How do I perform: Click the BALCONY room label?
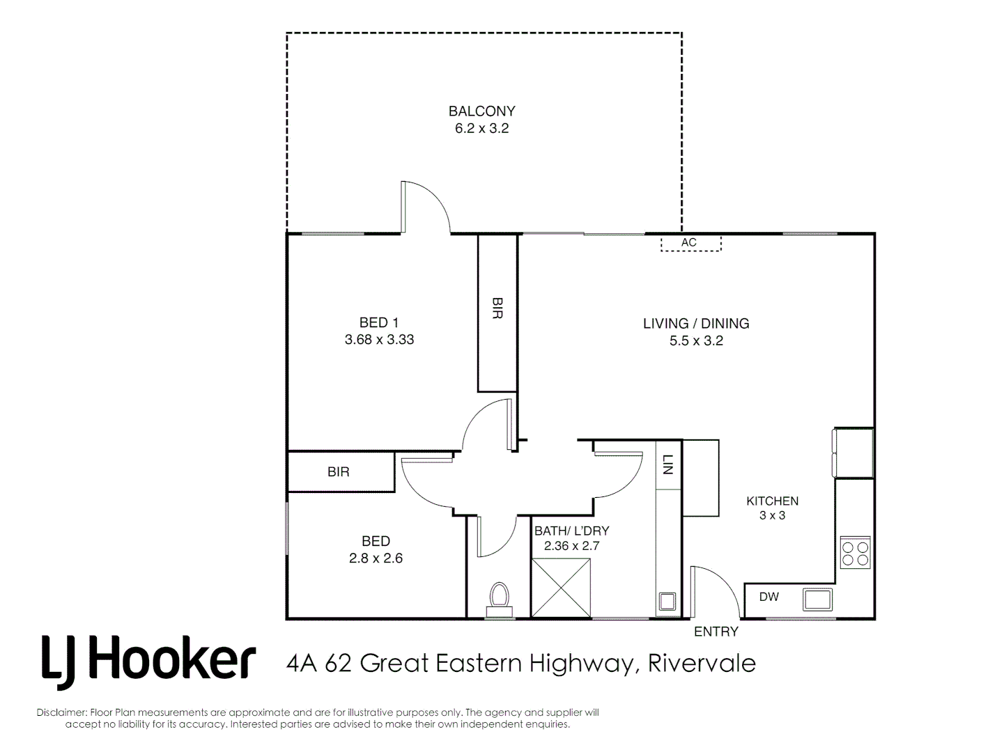(x=481, y=111)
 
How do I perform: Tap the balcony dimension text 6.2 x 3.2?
(x=481, y=128)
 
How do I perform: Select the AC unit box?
(x=690, y=243)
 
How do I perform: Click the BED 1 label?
(x=378, y=322)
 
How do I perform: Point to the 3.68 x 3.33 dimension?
(x=379, y=340)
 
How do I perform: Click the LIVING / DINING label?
(x=695, y=323)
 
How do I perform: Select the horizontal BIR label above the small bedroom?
(x=339, y=472)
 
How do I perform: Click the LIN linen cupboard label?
(x=667, y=464)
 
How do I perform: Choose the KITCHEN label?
(x=772, y=501)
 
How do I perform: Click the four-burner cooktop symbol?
(x=855, y=553)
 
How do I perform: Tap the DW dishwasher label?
(x=769, y=597)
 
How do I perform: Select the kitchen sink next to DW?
(x=817, y=598)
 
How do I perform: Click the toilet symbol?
(x=499, y=600)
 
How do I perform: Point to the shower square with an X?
(x=560, y=588)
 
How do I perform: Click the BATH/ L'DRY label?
(x=571, y=531)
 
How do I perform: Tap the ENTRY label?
(x=716, y=632)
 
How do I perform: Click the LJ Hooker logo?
(x=148, y=659)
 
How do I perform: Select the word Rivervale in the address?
(x=702, y=663)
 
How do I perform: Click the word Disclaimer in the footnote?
(x=61, y=712)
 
